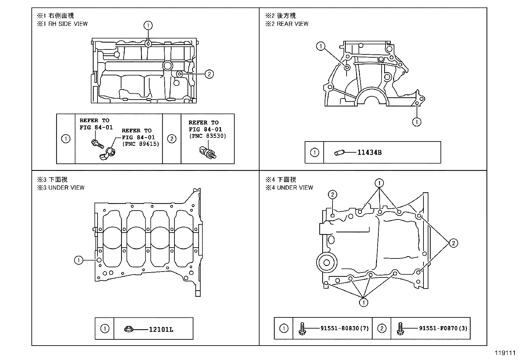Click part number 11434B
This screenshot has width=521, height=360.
369,152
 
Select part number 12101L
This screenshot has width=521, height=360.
161,329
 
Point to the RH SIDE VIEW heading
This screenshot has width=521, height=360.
68,24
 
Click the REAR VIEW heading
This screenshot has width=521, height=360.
292,24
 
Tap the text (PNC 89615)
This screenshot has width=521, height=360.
140,144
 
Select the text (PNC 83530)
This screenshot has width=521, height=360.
207,136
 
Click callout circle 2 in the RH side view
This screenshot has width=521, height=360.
209,74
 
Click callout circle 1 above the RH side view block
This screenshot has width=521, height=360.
148,25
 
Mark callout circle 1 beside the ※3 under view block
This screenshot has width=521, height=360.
79,260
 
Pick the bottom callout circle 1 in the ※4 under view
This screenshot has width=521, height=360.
363,302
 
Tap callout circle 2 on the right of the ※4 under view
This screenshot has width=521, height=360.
453,243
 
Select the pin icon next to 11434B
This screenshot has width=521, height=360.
338,153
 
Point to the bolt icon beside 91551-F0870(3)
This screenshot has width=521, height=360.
399,329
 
